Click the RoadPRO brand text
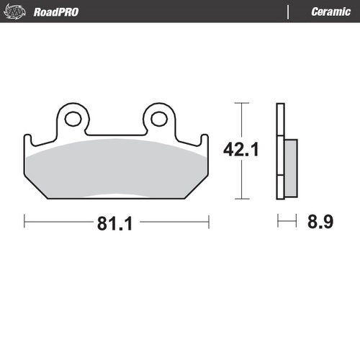[56, 12]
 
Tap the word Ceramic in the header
[330, 12]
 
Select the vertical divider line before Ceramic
[289, 12]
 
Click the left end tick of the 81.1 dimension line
[24, 222]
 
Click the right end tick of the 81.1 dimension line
[207, 222]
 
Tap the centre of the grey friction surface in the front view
[116, 169]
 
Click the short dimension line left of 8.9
[286, 222]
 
